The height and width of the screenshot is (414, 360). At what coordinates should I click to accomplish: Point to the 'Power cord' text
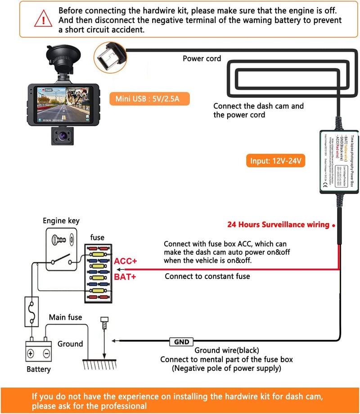(x=202, y=58)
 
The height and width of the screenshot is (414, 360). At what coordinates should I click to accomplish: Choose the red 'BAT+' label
(x=125, y=277)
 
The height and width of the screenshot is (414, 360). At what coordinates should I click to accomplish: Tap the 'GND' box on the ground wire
(x=181, y=342)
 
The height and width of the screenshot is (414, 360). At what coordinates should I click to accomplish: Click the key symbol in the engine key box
(x=60, y=240)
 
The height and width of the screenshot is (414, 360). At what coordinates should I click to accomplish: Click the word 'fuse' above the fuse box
(x=97, y=237)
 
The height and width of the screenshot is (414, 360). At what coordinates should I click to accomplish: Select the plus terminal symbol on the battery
(x=31, y=353)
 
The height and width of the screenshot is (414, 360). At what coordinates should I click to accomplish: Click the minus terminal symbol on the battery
(x=45, y=353)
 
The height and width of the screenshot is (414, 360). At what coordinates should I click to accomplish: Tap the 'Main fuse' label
(x=65, y=317)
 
